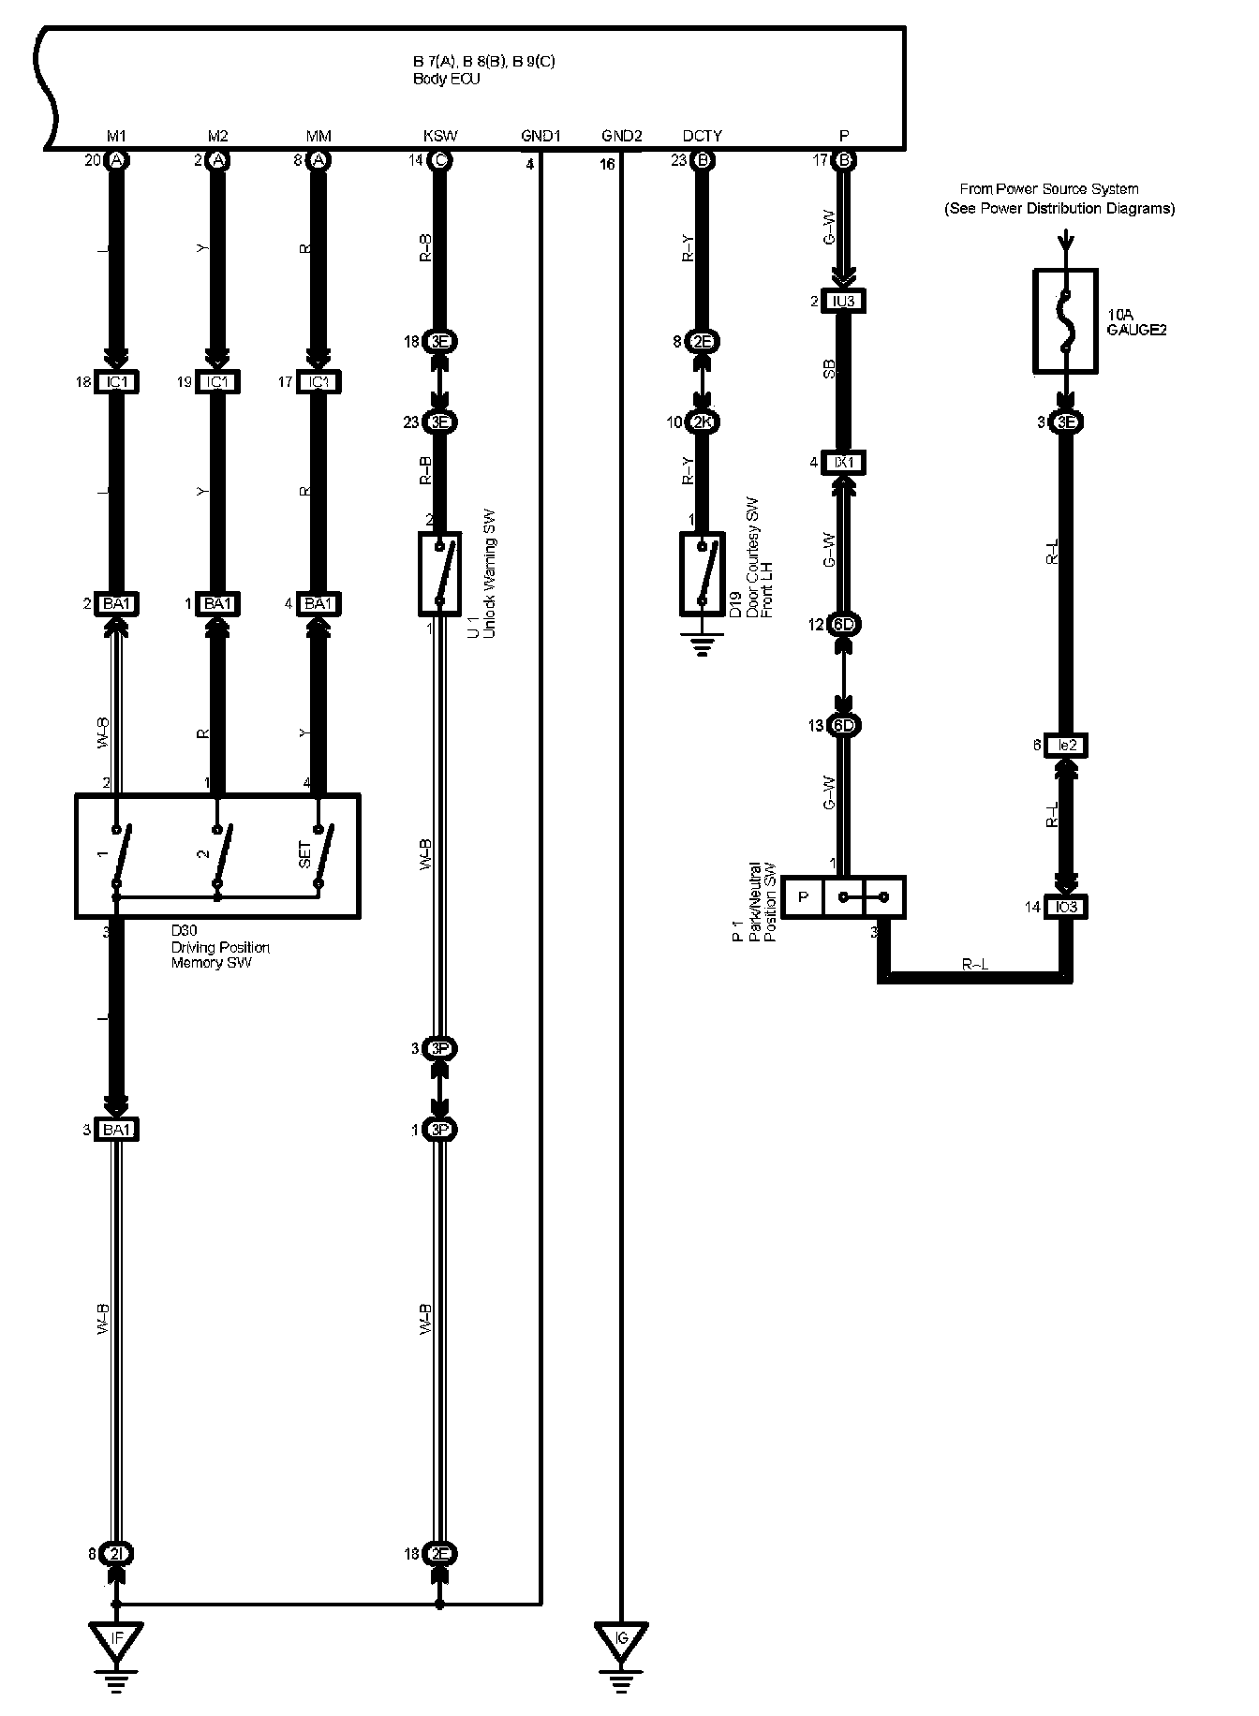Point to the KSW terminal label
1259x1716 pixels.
(x=440, y=136)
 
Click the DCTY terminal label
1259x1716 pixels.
(x=702, y=136)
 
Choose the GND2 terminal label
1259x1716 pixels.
(x=621, y=136)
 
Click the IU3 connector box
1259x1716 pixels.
(x=843, y=301)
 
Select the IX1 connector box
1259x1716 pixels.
(x=843, y=462)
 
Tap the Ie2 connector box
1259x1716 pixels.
(x=1065, y=746)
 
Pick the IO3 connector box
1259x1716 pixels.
(x=1065, y=907)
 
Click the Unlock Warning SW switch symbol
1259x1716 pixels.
(x=439, y=573)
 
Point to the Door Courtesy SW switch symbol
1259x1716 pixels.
(x=702, y=573)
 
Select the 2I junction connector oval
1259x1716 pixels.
(x=116, y=1553)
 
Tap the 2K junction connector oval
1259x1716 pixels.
(x=702, y=422)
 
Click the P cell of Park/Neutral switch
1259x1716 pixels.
(x=803, y=897)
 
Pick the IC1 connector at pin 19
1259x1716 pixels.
(x=216, y=382)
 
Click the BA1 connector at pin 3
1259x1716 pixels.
(x=116, y=1130)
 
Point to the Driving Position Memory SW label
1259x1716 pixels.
(x=220, y=947)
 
